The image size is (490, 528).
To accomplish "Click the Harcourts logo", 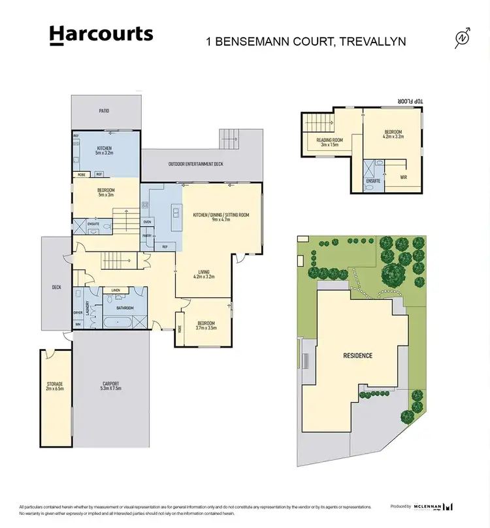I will coord(101,35).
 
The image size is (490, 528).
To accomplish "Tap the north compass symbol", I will coord(463,39).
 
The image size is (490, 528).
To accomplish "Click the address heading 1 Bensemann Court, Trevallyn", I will coord(306,41).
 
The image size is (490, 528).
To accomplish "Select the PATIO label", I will coord(105,111).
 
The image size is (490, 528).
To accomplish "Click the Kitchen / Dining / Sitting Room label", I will coord(221,218).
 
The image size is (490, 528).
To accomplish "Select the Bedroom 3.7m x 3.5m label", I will coord(206,325).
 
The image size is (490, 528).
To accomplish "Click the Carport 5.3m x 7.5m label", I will coord(112,386).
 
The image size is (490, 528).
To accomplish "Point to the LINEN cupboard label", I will coord(116,290).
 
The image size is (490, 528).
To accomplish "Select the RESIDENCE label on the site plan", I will coord(358,355).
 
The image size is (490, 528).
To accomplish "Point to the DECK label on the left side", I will coord(56,286).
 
